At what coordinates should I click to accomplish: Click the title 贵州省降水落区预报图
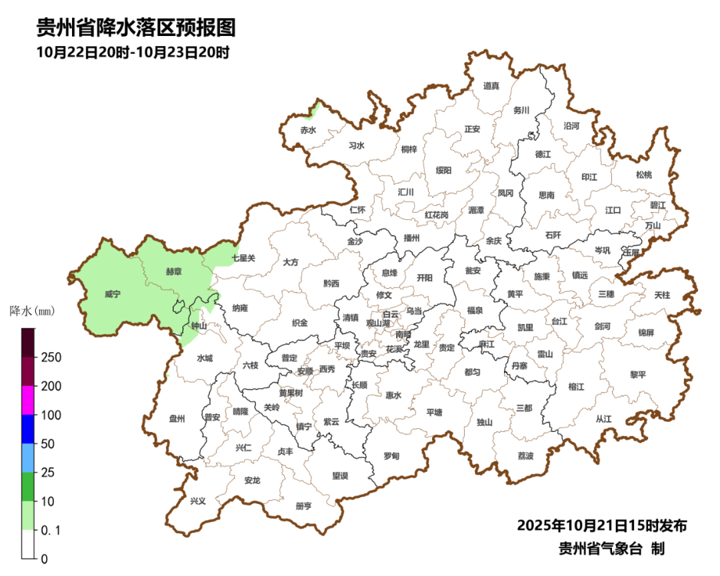pos(136,28)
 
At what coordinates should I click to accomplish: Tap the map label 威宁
pos(113,293)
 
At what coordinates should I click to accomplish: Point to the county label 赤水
pos(308,130)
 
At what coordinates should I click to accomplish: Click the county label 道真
pos(491,86)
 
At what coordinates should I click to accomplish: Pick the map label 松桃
pos(643,175)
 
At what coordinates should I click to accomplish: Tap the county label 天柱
pos(662,294)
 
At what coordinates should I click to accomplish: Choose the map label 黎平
pos(638,375)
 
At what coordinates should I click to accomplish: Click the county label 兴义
pos(198,501)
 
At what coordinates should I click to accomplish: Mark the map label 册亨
pos(303,506)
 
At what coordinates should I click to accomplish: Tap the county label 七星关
pos(243,257)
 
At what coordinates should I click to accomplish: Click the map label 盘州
pos(177,419)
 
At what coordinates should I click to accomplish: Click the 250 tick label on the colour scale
pos(51,358)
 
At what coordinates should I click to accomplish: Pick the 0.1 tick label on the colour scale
pos(51,530)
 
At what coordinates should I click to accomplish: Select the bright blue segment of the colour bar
pos(28,429)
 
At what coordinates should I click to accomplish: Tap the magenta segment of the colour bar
pos(28,400)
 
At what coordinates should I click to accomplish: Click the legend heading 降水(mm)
pos(32,311)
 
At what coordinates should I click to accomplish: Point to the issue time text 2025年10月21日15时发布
pos(601,526)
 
